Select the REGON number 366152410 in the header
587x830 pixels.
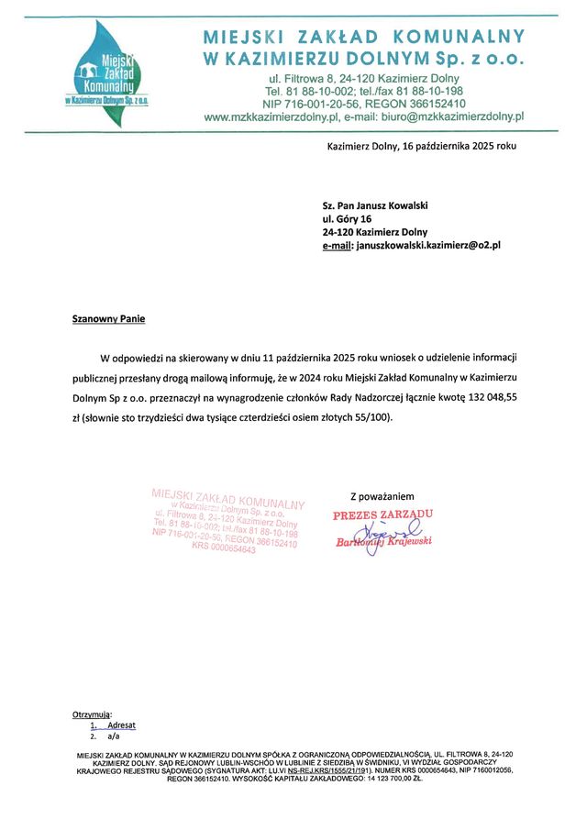coord(427,104)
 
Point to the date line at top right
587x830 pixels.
coord(422,147)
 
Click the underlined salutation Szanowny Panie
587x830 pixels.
coord(108,319)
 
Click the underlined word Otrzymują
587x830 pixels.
coord(91,714)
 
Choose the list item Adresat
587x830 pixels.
coord(121,725)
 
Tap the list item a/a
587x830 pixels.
coord(114,736)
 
